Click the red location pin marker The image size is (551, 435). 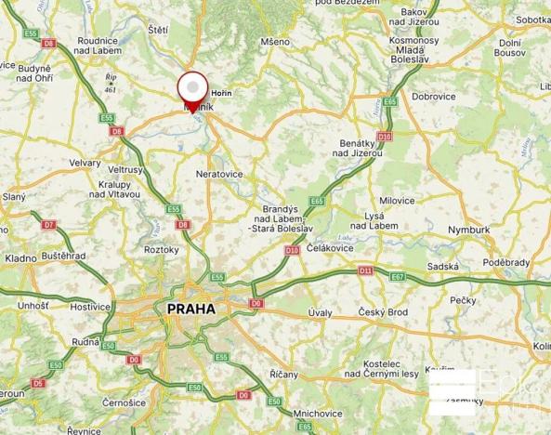coord(192,90)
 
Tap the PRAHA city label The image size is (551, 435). coord(190,309)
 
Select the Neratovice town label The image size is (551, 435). coord(219,174)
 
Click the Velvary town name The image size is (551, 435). coord(85,162)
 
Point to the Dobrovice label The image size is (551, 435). coord(433,96)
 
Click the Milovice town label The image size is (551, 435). coord(397,201)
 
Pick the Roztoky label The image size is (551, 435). coord(162,250)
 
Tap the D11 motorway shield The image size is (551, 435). coord(365,270)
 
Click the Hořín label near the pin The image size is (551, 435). coord(222,94)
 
